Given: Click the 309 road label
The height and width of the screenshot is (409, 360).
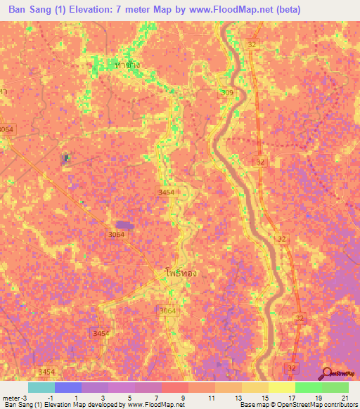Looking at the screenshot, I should click(x=227, y=92).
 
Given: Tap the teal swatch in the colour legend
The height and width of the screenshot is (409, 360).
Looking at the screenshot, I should click(x=41, y=387).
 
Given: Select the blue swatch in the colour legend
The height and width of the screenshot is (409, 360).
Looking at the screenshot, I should click(x=68, y=387).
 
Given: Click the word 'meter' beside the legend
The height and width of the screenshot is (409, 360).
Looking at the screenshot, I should click(x=11, y=397).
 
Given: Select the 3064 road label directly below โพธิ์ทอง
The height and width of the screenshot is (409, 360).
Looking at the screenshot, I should click(x=167, y=311).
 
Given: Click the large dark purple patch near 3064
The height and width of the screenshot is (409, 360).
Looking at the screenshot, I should click(x=126, y=224).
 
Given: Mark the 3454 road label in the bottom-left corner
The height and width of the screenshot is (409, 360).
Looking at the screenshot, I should click(x=47, y=371).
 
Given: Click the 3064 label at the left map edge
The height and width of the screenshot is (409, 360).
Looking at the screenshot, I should click(x=6, y=130).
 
